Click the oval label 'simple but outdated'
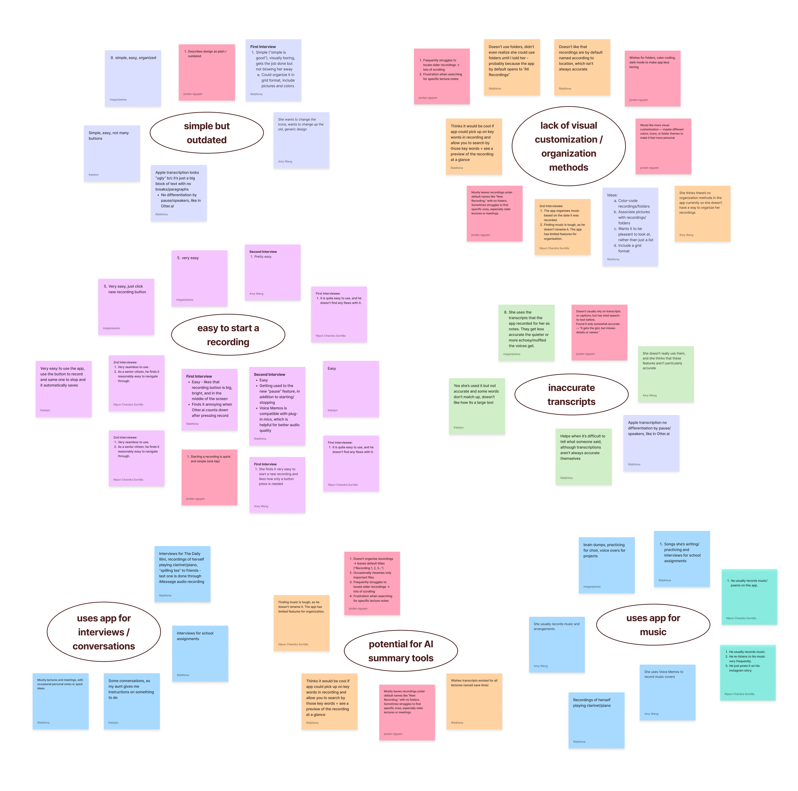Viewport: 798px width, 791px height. click(x=207, y=133)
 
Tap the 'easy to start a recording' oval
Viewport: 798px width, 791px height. click(x=228, y=335)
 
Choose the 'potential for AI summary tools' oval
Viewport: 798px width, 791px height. click(x=401, y=651)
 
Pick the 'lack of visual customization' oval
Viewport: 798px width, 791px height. click(x=569, y=146)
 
